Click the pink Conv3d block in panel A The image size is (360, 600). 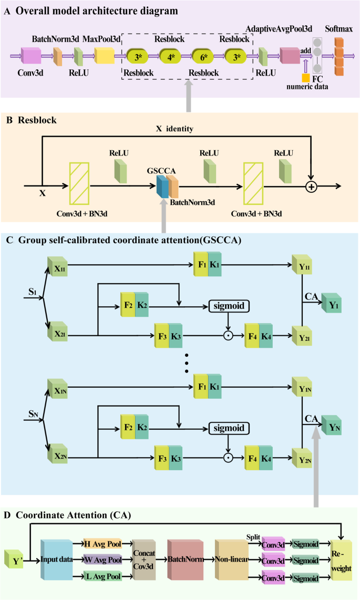[31, 55]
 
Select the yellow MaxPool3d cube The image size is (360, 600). [104, 55]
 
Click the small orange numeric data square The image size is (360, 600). [305, 77]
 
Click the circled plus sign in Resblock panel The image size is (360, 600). [313, 186]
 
